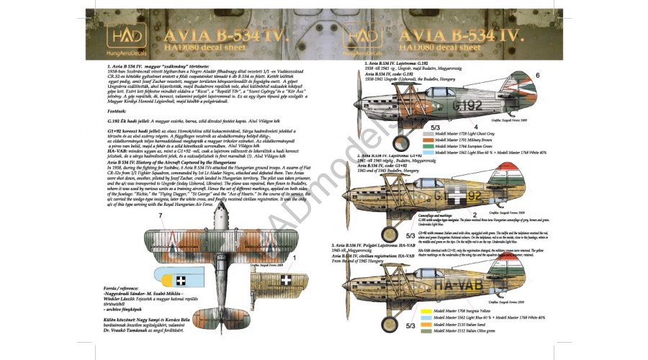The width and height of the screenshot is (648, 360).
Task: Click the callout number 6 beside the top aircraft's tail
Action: tap(537, 75)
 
